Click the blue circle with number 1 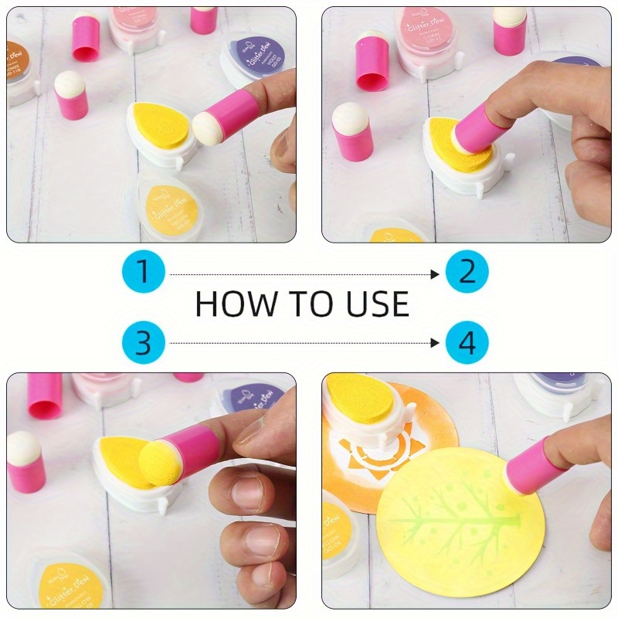pyautogui.click(x=143, y=273)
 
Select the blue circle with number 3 pyautogui.click(x=143, y=341)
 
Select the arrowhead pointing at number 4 pyautogui.click(x=436, y=342)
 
